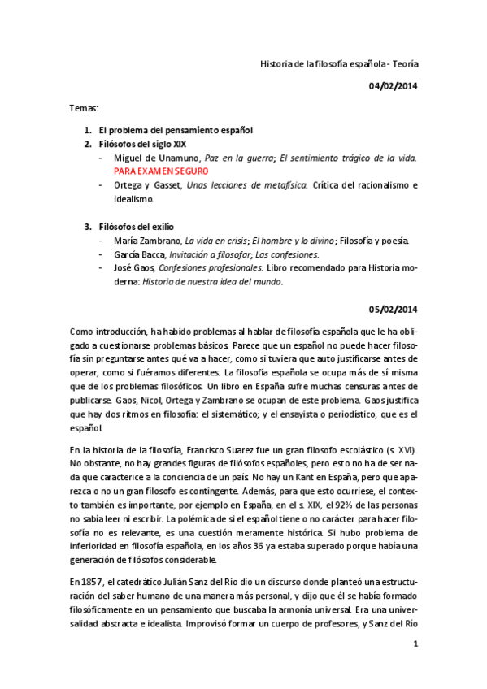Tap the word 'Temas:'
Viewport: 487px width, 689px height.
coord(83,106)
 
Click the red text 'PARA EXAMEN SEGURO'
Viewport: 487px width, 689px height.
coord(162,171)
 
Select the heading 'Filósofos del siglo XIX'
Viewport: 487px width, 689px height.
coord(147,144)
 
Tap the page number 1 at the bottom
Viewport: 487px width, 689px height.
coord(415,644)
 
